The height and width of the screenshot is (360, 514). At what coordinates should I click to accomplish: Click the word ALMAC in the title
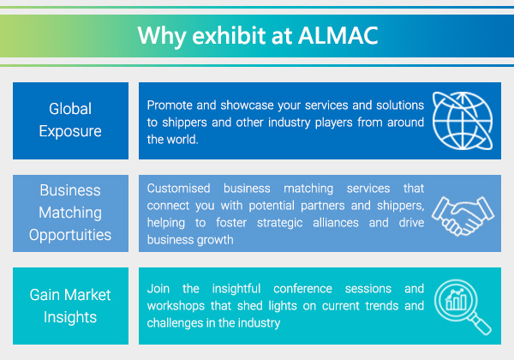point(338,35)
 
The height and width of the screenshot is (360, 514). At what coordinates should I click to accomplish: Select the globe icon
point(463,121)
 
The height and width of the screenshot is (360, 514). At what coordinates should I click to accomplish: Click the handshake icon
point(463,215)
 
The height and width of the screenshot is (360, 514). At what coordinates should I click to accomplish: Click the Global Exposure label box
point(70,121)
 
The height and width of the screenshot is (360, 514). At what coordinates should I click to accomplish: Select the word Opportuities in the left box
point(70,235)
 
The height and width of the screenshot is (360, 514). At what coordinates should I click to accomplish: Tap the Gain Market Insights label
point(70,306)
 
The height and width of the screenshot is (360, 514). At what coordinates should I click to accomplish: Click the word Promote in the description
point(169,105)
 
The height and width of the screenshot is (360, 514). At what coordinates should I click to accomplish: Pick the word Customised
point(178,189)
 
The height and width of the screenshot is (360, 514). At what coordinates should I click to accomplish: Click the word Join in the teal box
point(158,289)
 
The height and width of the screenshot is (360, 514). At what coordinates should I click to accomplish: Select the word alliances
point(336,223)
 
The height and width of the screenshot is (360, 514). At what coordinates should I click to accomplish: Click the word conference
point(302,289)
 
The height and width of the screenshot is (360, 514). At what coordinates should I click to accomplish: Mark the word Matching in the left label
point(70,213)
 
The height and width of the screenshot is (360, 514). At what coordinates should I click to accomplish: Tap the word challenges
point(176,323)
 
